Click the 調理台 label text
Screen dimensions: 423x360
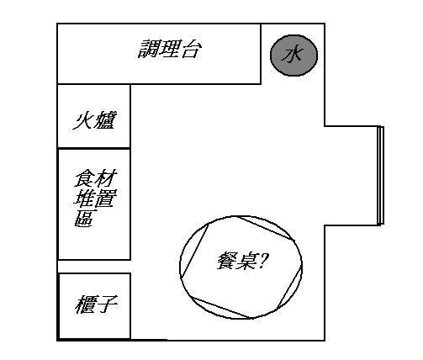[170, 49]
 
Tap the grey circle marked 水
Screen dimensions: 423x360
[293, 56]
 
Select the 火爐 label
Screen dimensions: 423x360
[95, 120]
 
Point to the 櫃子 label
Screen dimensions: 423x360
[96, 304]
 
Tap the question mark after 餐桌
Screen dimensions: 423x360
[262, 261]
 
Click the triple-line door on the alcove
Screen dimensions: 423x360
[380, 176]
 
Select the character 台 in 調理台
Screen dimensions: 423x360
[192, 50]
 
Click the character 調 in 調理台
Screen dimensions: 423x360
[149, 49]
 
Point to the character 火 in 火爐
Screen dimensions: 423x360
[83, 120]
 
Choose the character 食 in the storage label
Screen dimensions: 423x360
[84, 178]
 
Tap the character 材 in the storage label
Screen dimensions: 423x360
[106, 178]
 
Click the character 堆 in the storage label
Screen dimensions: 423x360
[84, 198]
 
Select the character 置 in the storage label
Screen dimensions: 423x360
[106, 198]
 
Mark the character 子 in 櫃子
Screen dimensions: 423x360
[108, 304]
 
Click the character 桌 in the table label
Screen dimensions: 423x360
[246, 261]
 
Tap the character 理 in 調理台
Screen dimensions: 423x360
[171, 49]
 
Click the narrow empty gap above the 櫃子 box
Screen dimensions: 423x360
[94, 267]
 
